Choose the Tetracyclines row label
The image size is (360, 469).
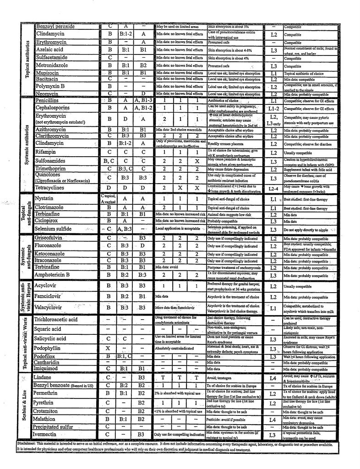(x=53, y=187)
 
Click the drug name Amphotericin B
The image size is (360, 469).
(x=59, y=275)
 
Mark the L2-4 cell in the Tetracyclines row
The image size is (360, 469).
(x=273, y=188)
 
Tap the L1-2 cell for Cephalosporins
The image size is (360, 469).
(x=273, y=108)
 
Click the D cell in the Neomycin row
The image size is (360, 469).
(x=143, y=93)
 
